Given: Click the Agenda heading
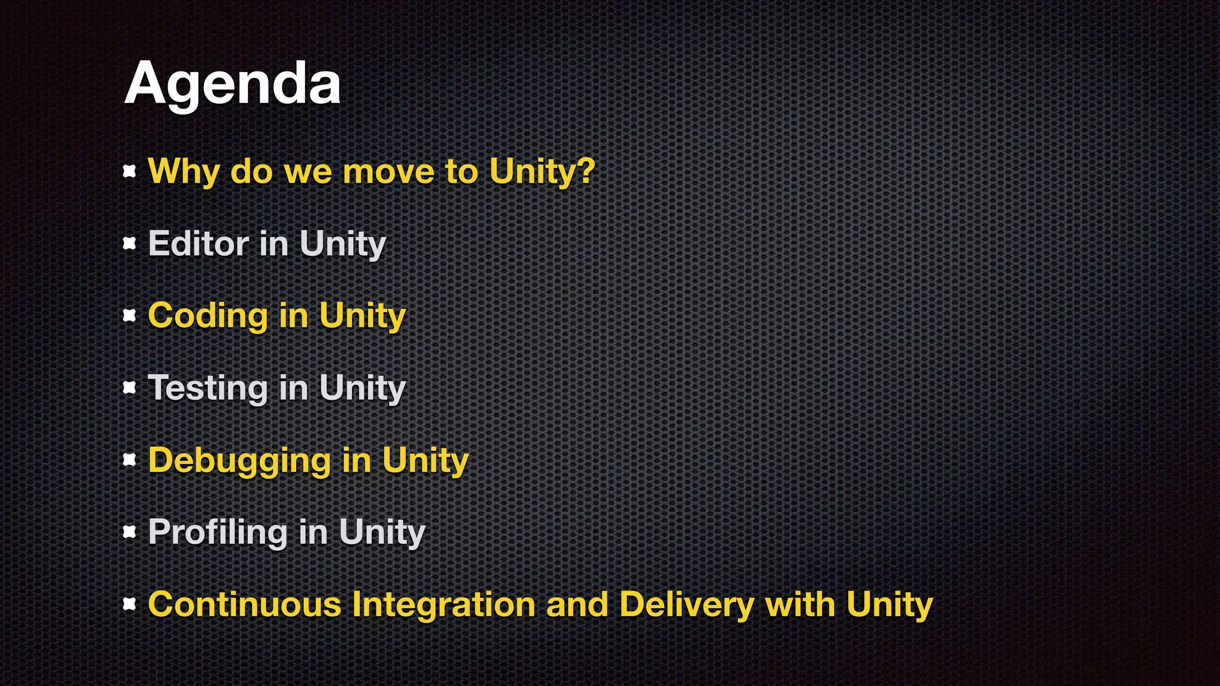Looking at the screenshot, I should click(232, 84).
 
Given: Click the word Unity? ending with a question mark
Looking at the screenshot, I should click(542, 171).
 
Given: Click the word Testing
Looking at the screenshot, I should click(208, 388).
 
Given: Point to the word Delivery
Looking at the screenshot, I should click(687, 604).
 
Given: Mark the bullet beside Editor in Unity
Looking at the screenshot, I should click(129, 244).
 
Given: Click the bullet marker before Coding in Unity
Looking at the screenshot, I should click(129, 316).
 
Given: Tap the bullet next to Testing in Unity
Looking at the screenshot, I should click(129, 388).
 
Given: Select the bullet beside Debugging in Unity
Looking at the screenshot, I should click(129, 460).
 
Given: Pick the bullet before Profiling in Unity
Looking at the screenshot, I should click(129, 532).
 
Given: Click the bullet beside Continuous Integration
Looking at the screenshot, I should click(129, 604).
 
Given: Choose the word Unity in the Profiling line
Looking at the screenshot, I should click(382, 532).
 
